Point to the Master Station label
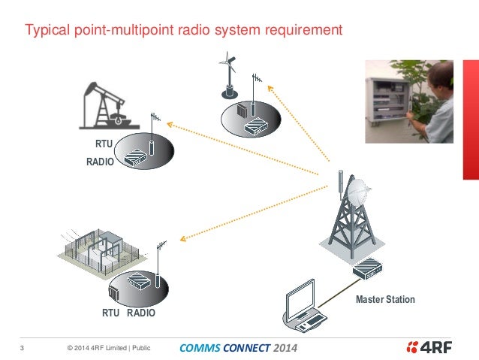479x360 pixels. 385,299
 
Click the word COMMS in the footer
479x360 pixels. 198,348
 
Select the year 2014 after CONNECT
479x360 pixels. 285,348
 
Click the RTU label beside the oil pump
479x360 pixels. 104,144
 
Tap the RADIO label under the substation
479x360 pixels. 141,312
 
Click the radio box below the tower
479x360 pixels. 369,267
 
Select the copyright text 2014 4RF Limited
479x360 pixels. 98,348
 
